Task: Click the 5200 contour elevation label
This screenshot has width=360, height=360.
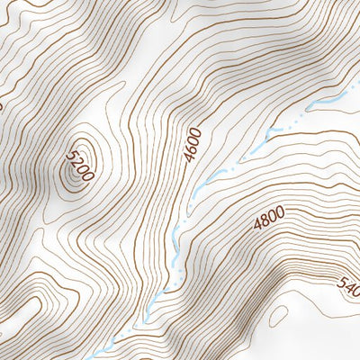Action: click(78, 166)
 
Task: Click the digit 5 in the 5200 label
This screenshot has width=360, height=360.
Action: click(70, 157)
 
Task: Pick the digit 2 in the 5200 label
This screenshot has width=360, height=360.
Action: click(76, 163)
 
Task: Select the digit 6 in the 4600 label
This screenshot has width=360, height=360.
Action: click(190, 148)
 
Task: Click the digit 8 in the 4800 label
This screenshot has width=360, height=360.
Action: click(263, 220)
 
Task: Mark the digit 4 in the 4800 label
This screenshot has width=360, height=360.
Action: click(256, 224)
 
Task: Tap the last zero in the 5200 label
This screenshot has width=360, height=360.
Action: click(86, 175)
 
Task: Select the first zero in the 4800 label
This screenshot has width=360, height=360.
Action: click(271, 216)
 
